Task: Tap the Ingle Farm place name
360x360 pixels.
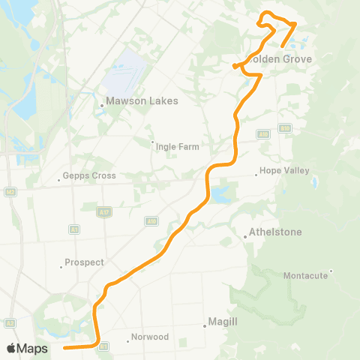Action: pos(177,146)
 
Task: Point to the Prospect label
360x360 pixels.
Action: pos(84,262)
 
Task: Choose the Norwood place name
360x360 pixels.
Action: pos(149,337)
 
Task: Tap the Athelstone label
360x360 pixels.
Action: pos(275,232)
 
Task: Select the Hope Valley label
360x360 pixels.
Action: pos(284,171)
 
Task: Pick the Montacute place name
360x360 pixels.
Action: pos(305,275)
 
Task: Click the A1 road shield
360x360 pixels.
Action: pos(74,229)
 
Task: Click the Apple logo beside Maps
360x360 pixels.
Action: pos(12,349)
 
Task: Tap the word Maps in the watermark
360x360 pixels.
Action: pos(33,349)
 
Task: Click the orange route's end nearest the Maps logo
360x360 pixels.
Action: pos(64,348)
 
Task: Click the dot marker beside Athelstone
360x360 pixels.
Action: pos(245,237)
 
